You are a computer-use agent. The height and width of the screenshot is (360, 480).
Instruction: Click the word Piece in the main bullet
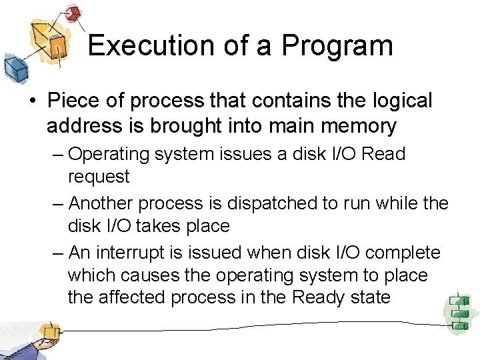[73, 101]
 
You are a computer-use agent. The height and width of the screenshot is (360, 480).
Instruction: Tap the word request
[99, 177]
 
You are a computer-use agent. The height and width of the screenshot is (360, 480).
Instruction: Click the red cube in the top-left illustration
[73, 13]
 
